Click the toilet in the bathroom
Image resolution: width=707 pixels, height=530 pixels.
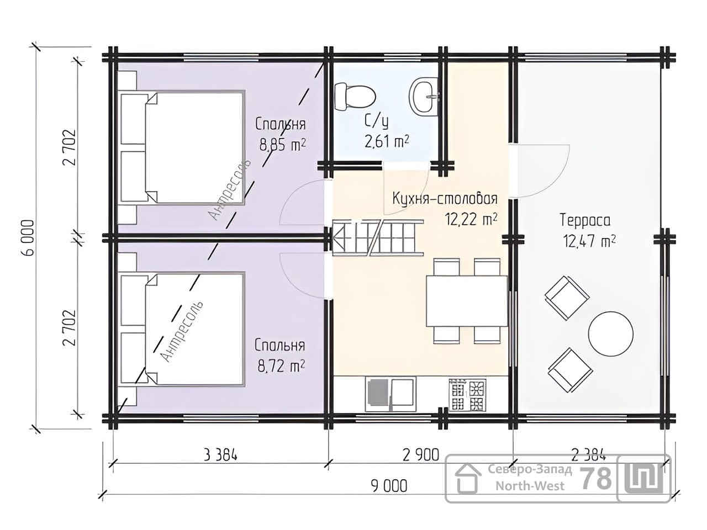coord(355,97)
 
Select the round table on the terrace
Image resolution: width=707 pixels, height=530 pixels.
coord(610,333)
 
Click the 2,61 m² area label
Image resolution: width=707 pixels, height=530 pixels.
coord(387,141)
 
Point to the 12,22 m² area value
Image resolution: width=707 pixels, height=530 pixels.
coord(471,220)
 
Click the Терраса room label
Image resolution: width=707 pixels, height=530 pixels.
coord(584,221)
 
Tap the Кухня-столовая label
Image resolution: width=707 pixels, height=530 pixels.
coord(445,199)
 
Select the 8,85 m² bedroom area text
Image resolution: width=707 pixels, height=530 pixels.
coord(282,145)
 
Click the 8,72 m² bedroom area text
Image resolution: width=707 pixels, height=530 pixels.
coord(281,366)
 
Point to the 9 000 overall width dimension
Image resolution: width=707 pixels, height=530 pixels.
coord(389,486)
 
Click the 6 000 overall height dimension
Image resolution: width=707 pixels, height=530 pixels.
coord(29,238)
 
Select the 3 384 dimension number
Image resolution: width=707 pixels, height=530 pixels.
coord(220,455)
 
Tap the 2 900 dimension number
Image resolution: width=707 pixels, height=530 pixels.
coord(420,455)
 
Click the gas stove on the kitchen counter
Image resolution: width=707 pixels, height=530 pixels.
coord(467,395)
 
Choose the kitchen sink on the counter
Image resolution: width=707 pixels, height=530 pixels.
coord(391,395)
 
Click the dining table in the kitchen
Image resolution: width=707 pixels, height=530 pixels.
coord(466,301)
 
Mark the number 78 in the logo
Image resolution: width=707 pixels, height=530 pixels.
coord(595,479)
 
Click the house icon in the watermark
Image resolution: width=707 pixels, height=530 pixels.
coord(468,479)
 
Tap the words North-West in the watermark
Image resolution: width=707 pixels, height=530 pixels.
coord(530,486)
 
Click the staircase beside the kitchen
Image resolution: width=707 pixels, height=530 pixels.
coord(377,238)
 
